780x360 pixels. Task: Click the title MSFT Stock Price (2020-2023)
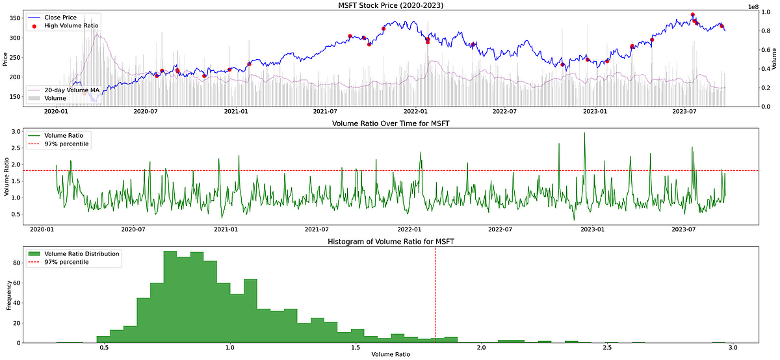[x=389, y=5]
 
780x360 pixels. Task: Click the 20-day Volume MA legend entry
[x=71, y=90]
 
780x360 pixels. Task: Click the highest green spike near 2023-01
[x=584, y=133]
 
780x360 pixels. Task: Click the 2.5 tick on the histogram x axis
[x=607, y=348]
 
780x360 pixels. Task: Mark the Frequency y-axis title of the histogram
[x=9, y=295]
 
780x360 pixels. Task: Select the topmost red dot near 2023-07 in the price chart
[x=692, y=14]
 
